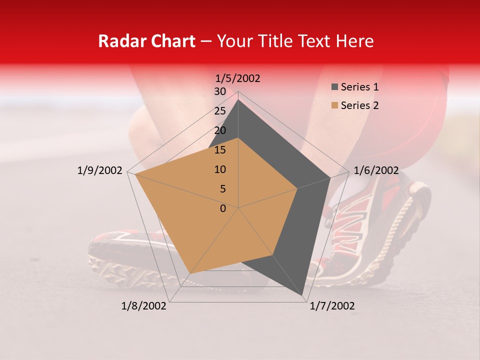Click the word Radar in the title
point(118,41)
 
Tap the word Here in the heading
point(354,41)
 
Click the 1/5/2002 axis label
point(238,78)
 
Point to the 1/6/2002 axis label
point(376,170)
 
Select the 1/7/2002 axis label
point(332,306)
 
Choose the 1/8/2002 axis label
point(144,306)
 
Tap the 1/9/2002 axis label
point(100,170)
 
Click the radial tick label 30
point(220,91)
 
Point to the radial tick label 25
point(220,111)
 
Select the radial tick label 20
point(220,130)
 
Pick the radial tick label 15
point(220,150)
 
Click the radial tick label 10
point(220,169)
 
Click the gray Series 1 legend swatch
point(334,87)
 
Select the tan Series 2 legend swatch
point(334,105)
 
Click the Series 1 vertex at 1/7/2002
point(302,295)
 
